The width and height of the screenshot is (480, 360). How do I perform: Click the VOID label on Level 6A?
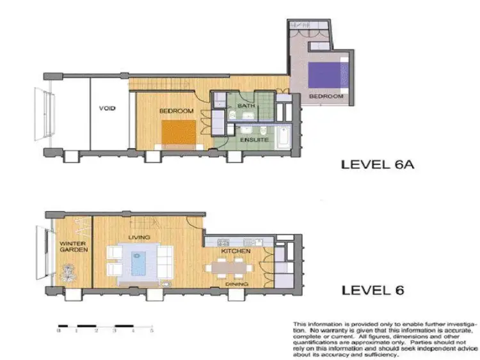click(108, 108)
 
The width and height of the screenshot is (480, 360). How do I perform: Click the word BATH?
click(246, 106)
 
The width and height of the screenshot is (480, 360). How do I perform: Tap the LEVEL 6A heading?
click(379, 164)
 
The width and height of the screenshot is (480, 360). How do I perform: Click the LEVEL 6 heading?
click(373, 290)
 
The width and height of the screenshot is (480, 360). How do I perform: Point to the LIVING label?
click(139, 237)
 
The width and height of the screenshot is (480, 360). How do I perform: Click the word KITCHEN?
click(236, 252)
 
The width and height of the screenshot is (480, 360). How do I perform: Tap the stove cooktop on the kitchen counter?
click(224, 242)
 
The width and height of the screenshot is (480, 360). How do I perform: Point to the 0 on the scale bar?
click(59, 331)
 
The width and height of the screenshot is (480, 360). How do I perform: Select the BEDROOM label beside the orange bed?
click(176, 111)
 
